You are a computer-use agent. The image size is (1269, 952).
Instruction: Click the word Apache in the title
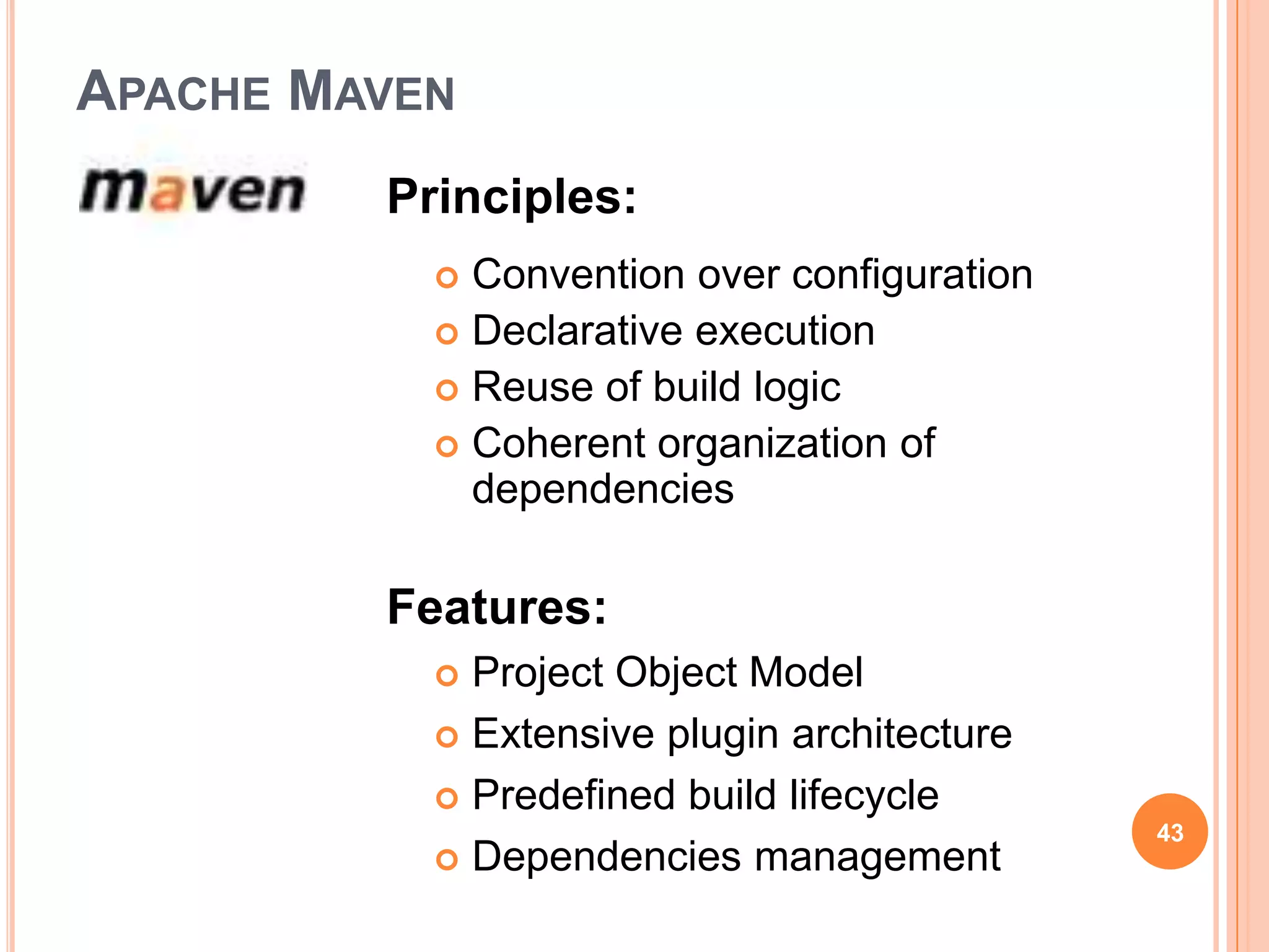tap(173, 92)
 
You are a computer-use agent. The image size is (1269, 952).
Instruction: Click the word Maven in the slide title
tap(372, 92)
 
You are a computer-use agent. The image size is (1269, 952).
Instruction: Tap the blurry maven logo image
tap(192, 191)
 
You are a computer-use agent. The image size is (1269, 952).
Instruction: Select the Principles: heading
tap(511, 197)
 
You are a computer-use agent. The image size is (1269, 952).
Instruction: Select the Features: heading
tap(496, 607)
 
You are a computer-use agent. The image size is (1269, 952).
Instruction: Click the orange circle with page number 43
tap(1169, 832)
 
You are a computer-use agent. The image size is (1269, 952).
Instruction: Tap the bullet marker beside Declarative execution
tap(447, 334)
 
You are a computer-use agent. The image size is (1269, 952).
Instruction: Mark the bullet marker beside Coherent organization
tap(447, 446)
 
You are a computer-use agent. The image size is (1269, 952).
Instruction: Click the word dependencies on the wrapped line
tap(603, 490)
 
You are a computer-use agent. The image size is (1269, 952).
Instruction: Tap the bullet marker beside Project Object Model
tap(447, 676)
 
